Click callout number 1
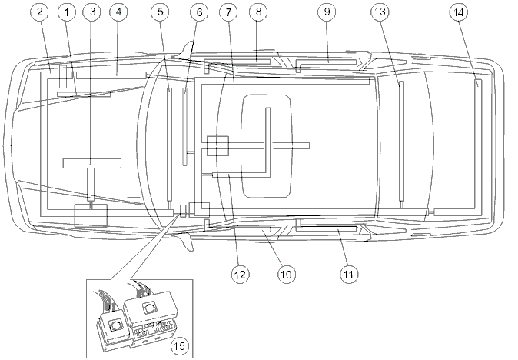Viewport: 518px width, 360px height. pyautogui.click(x=67, y=12)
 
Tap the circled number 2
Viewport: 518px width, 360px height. pyautogui.click(x=40, y=12)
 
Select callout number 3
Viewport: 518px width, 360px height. pyautogui.click(x=92, y=12)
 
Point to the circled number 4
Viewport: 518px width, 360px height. pyautogui.click(x=118, y=12)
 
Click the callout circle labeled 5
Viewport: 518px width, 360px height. pyautogui.click(x=161, y=12)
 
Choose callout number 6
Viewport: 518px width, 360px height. pyautogui.click(x=199, y=12)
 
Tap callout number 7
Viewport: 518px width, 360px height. pyautogui.click(x=228, y=12)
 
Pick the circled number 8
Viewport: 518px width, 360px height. pyautogui.click(x=258, y=12)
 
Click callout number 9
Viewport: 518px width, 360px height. pyautogui.click(x=327, y=12)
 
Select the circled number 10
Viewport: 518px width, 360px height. pyautogui.click(x=287, y=275)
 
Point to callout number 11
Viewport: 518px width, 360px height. pyautogui.click(x=349, y=275)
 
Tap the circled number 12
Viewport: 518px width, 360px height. pyautogui.click(x=240, y=275)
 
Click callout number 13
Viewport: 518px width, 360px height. pyautogui.click(x=380, y=12)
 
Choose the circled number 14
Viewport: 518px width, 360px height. pyautogui.click(x=459, y=12)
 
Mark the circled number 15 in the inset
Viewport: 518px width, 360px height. pyautogui.click(x=180, y=346)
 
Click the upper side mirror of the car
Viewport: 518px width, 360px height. pyautogui.click(x=186, y=52)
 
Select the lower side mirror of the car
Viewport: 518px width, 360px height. pyautogui.click(x=186, y=241)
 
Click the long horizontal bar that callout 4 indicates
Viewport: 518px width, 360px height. pyautogui.click(x=111, y=75)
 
